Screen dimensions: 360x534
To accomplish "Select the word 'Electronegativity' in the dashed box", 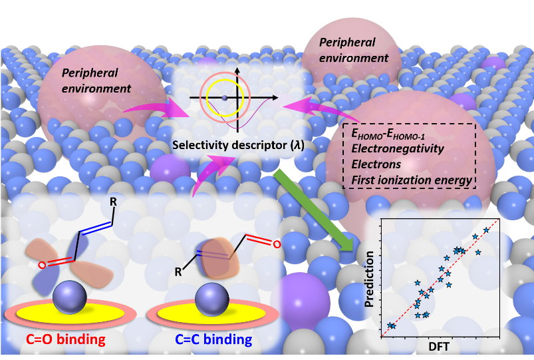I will (397, 149).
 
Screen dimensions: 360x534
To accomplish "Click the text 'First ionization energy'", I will (412, 180).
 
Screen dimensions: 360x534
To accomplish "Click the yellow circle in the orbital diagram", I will (225, 98).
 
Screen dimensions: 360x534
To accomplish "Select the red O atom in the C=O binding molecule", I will (41, 266).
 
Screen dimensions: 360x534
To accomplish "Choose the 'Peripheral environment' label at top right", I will (353, 50).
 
